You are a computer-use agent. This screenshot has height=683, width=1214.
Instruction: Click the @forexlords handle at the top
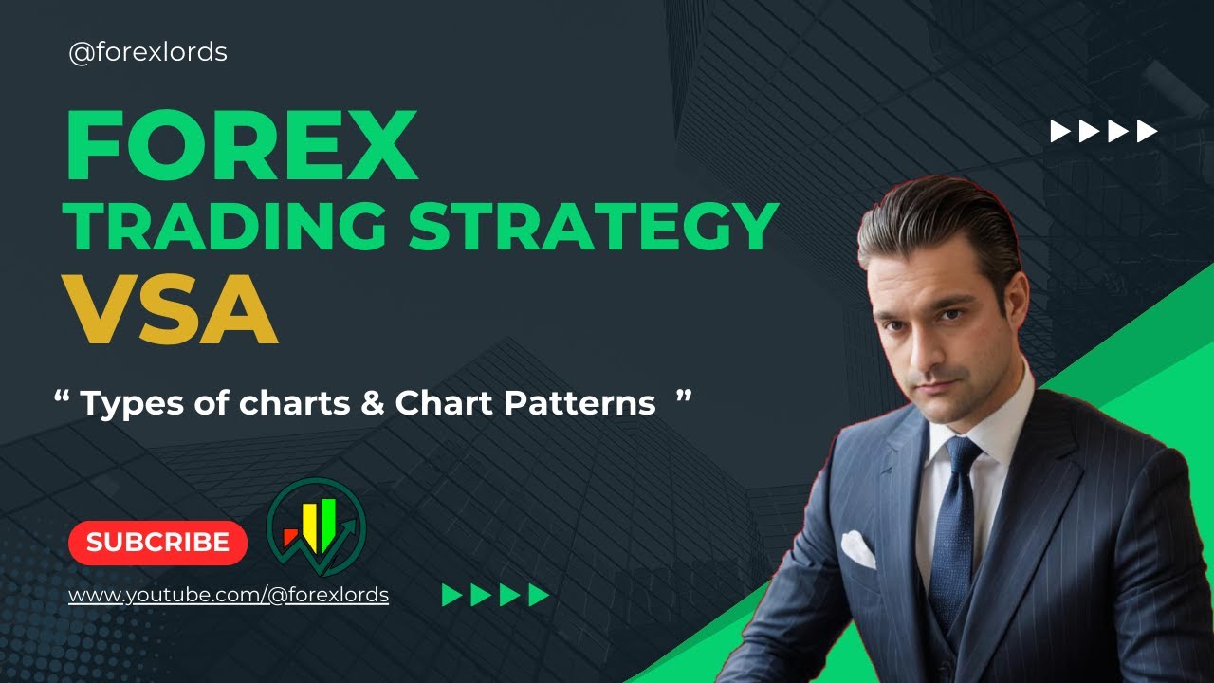(x=148, y=52)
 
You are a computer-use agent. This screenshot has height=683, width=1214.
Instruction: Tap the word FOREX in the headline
(x=242, y=147)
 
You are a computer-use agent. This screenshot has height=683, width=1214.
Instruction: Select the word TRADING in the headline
(x=226, y=228)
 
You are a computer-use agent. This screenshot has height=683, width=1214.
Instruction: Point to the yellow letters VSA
(x=172, y=309)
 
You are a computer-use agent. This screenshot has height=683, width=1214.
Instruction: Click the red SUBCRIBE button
(x=157, y=543)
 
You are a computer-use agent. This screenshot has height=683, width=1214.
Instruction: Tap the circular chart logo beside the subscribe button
(x=316, y=526)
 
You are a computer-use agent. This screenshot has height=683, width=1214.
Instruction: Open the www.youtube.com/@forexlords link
(x=229, y=596)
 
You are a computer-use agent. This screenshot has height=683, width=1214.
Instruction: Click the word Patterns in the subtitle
(x=579, y=404)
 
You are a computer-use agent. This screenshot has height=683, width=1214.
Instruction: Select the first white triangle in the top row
(x=1059, y=131)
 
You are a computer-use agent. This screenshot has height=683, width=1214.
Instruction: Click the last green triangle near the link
(x=539, y=595)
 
